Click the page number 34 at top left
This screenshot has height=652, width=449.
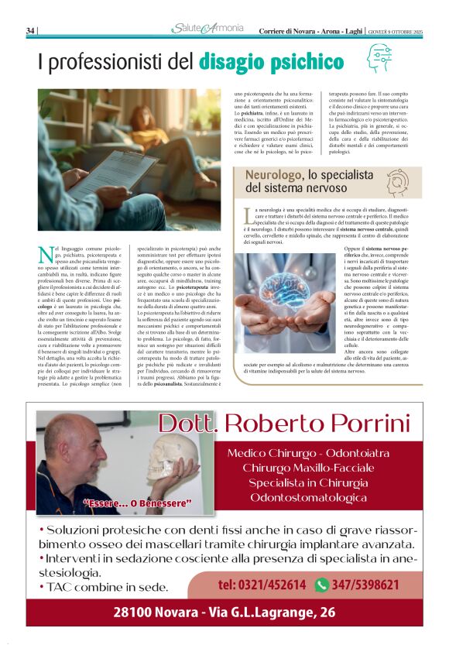(30, 30)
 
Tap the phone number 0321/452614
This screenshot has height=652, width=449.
(262, 585)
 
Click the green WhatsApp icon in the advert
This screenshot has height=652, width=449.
(322, 585)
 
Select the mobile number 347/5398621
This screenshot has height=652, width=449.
(367, 585)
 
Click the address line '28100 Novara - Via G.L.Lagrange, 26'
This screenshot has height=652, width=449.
(224, 612)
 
